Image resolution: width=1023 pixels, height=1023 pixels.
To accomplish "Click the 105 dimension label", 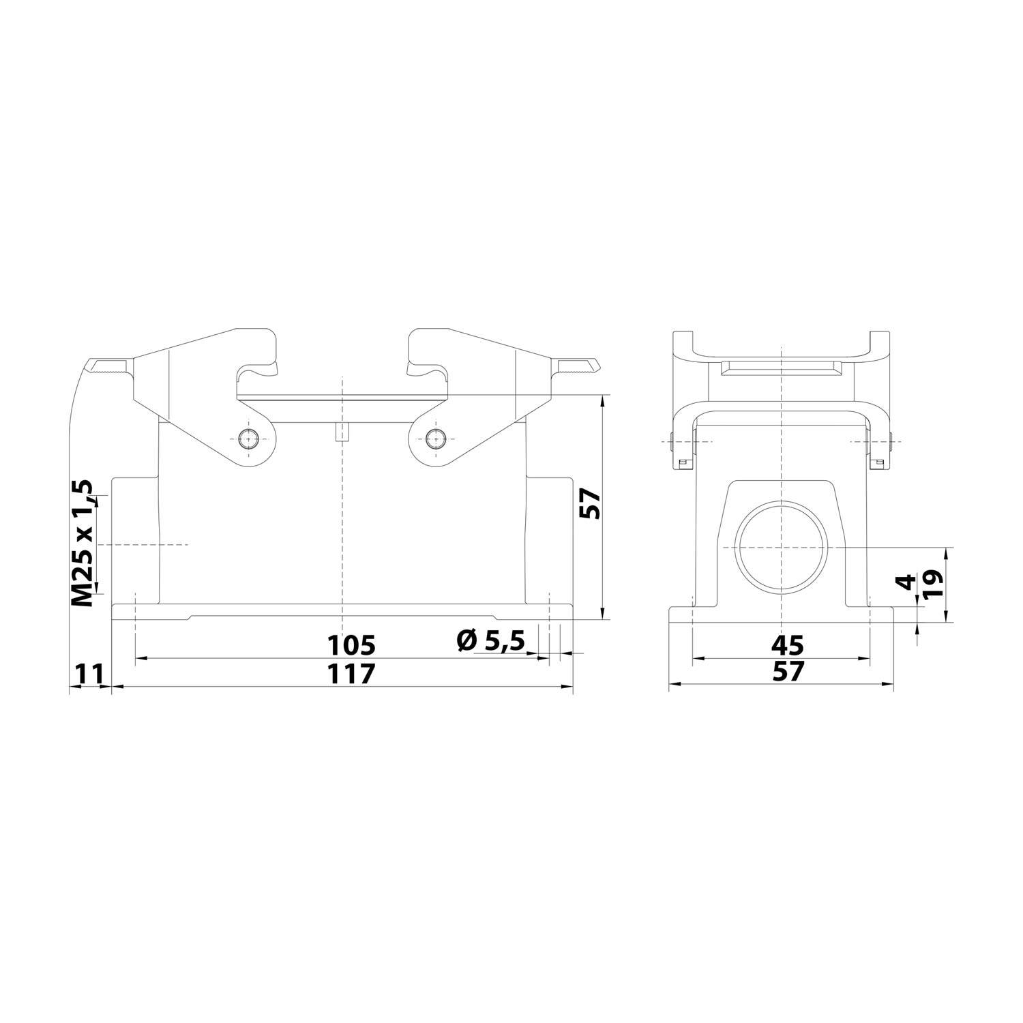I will [351, 644].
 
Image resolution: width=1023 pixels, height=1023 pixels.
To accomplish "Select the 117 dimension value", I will [351, 674].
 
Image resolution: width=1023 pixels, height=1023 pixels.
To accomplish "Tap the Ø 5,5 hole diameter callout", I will [490, 640].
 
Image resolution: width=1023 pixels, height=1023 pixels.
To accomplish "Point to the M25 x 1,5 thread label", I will [83, 544].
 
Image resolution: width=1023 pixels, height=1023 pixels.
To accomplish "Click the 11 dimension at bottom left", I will [89, 674].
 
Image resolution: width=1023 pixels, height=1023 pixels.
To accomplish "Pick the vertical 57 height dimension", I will [591, 505].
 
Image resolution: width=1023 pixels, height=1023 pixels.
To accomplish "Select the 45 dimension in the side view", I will [788, 644].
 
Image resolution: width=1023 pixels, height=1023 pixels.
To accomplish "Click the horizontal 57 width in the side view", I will [788, 672].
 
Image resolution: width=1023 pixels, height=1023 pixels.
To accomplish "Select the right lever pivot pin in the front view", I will [434, 439].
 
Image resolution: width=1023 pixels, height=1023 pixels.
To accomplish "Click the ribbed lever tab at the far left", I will [108, 368].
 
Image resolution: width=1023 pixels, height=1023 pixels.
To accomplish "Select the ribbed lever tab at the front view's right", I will [577, 368].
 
